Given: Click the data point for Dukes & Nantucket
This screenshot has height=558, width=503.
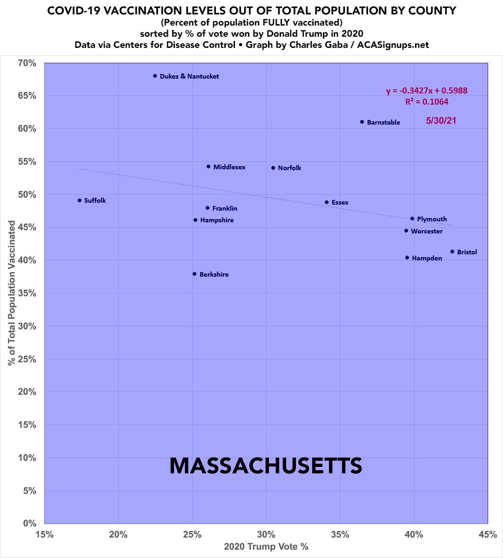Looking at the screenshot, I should click(x=155, y=76).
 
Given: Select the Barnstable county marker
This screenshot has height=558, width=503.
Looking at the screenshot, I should click(x=362, y=122).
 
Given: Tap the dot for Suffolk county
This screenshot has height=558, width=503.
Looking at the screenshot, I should click(x=80, y=200).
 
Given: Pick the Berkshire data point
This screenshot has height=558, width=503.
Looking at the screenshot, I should click(x=194, y=274).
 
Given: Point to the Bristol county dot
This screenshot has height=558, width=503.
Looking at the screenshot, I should click(x=452, y=252).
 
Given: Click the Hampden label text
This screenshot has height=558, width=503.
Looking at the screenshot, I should click(x=427, y=258).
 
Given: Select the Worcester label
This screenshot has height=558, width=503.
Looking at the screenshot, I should click(x=427, y=231).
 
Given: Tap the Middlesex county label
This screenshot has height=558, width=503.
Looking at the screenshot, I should click(x=229, y=167).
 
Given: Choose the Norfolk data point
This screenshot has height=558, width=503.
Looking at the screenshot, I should click(x=273, y=168).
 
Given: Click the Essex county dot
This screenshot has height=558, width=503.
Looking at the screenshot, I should click(x=327, y=202).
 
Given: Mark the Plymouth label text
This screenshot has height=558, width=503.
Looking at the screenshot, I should click(x=432, y=219).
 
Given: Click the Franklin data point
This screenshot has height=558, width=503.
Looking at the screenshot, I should click(x=208, y=208).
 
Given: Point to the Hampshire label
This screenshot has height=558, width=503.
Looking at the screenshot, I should click(x=217, y=220).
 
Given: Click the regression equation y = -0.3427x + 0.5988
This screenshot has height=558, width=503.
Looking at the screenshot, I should click(x=427, y=91).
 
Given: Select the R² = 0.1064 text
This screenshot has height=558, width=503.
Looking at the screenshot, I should click(x=427, y=102).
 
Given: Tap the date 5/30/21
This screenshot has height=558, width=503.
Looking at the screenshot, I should click(x=441, y=121).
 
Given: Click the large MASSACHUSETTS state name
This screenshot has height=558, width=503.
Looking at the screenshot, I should click(x=266, y=466).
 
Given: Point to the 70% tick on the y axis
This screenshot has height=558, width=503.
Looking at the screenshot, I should click(x=27, y=63).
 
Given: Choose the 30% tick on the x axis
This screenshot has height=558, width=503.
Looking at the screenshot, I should click(x=266, y=534).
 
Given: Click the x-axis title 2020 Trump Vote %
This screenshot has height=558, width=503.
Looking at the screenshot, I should click(x=266, y=547).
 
